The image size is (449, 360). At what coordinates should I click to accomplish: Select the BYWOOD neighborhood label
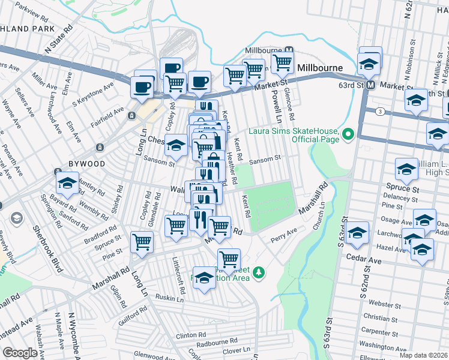[86, 163]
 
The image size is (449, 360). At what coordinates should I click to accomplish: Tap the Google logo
[19, 353]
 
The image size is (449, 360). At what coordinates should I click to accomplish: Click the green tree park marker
[259, 273]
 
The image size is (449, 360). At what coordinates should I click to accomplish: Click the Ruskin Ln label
[169, 298]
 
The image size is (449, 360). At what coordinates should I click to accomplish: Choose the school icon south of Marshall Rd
[204, 278]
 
